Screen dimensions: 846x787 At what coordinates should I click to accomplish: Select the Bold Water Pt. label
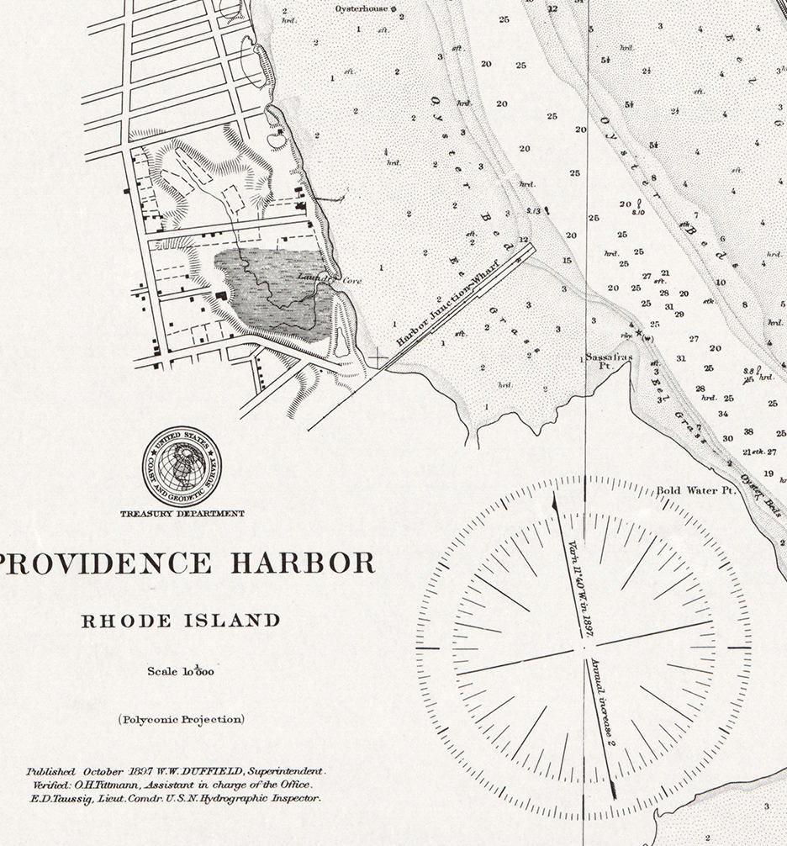point(695,489)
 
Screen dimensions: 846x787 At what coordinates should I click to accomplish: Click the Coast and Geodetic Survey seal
point(182,466)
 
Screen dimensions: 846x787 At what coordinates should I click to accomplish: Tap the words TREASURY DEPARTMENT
point(182,513)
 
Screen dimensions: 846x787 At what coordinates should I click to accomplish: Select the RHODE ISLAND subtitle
point(181,621)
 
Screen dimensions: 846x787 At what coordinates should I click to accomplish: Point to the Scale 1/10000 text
point(181,671)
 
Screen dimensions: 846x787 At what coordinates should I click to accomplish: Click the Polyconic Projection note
point(182,719)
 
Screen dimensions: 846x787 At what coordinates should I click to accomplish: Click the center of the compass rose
point(584,648)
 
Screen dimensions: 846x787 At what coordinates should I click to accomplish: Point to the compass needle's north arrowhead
point(556,500)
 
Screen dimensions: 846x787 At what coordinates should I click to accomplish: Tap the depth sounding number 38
point(747,432)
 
